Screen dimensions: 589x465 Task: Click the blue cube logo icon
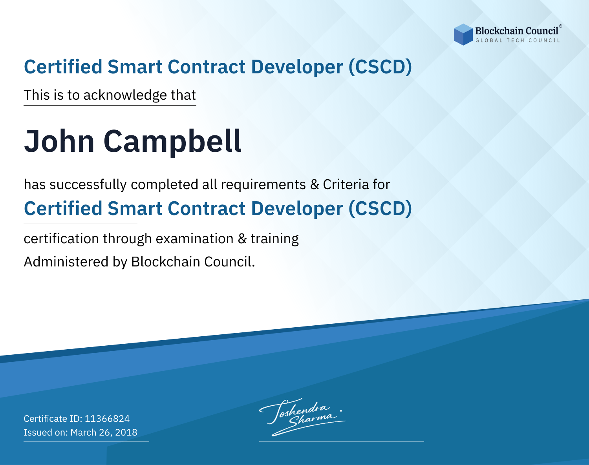click(463, 35)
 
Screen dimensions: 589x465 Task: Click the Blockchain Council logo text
click(517, 31)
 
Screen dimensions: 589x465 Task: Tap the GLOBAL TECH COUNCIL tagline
click(518, 40)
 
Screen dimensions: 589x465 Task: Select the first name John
click(59, 141)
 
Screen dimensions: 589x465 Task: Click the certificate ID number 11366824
click(107, 419)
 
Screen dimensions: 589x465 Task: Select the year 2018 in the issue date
click(126, 432)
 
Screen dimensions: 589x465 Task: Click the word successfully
click(88, 185)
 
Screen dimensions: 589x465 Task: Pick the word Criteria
click(346, 184)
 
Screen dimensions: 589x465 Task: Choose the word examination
click(194, 239)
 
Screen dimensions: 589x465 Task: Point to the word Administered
click(66, 262)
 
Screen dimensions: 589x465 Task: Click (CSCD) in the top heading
click(380, 67)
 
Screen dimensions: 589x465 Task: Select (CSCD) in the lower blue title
click(380, 208)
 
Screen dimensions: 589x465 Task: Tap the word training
click(274, 239)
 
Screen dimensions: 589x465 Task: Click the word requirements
click(263, 185)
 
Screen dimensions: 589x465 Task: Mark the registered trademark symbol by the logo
click(561, 26)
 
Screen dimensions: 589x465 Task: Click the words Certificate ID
click(53, 419)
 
